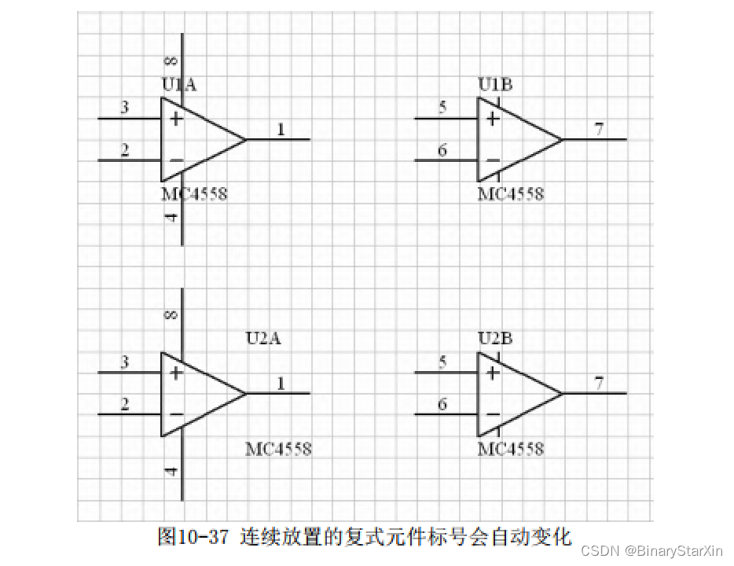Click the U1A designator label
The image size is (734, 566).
coord(178,85)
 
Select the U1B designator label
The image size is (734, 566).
coord(495,85)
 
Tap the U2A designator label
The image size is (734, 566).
coord(263,339)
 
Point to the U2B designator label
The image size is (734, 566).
coord(495,339)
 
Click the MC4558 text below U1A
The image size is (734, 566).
coord(194,193)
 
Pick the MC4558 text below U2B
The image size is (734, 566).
coord(511,449)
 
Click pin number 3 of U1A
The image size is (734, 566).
coord(125,108)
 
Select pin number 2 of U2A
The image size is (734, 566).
coord(125,404)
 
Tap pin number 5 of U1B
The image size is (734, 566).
coord(442,108)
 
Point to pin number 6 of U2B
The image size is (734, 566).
coord(442,404)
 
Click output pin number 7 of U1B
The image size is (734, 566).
coord(599,129)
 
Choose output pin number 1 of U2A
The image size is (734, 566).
coord(281,383)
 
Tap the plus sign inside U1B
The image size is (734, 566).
coord(493,119)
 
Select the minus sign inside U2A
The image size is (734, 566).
coord(176,414)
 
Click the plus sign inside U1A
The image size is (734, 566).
coord(176,119)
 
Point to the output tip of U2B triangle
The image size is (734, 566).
coord(563,393)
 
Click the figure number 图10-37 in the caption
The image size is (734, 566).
coord(193,538)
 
